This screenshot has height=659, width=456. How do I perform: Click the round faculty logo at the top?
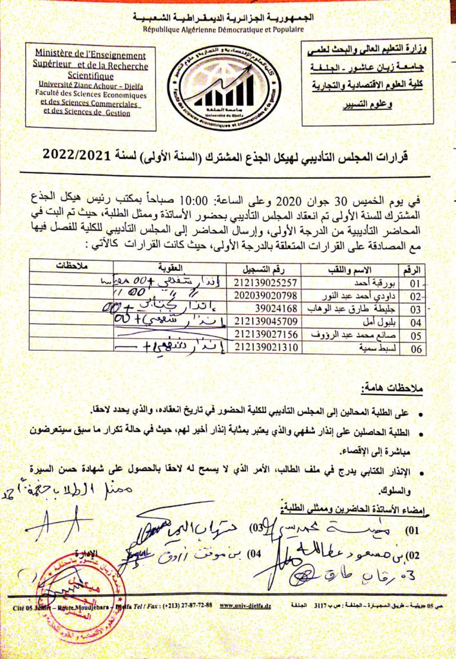pyautogui.click(x=228, y=88)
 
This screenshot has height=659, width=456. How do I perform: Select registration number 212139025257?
pyautogui.click(x=267, y=281)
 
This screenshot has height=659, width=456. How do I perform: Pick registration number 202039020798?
pyautogui.click(x=267, y=295)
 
